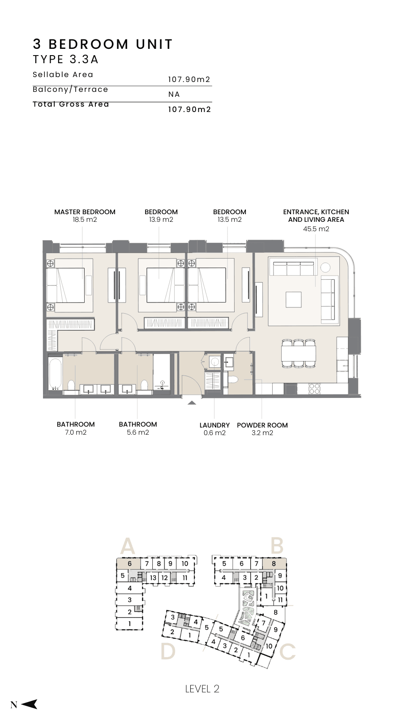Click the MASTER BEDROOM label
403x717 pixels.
click(85, 212)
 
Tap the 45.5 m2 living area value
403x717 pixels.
click(316, 229)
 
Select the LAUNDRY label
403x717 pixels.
click(214, 425)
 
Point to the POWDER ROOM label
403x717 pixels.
click(262, 425)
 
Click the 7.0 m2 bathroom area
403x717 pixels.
click(76, 432)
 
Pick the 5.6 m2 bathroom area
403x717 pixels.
click(138, 432)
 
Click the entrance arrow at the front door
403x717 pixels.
click(192, 403)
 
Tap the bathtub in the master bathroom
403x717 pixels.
click(55, 374)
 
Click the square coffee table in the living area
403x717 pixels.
click(293, 300)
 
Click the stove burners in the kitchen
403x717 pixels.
click(314, 389)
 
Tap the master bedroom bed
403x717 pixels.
click(65, 285)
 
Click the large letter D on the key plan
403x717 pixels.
click(168, 652)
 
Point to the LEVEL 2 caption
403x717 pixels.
click(202, 688)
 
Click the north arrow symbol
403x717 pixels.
click(30, 704)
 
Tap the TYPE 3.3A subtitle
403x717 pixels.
click(65, 60)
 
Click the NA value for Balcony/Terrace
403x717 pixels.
click(174, 95)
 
